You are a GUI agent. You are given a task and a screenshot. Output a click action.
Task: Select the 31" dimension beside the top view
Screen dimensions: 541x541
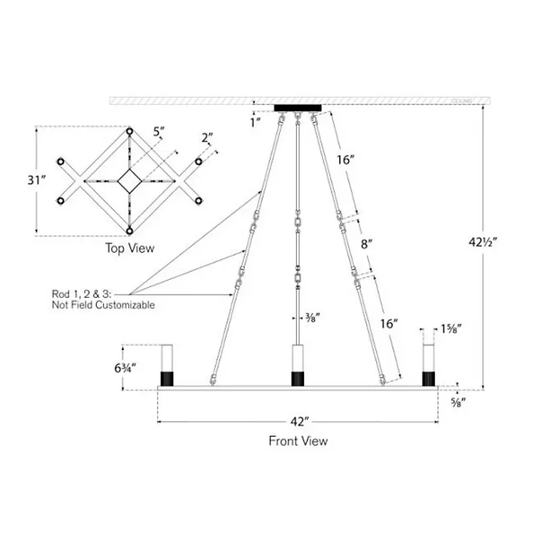(x=36, y=180)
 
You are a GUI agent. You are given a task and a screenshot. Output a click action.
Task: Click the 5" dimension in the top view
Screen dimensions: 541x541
(x=157, y=132)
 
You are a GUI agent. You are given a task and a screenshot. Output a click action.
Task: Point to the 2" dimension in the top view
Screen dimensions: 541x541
(x=208, y=138)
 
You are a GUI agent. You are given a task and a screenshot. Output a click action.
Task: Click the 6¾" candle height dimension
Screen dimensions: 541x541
(x=126, y=368)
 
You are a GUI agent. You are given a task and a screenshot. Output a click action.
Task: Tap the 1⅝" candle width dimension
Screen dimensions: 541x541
(x=450, y=329)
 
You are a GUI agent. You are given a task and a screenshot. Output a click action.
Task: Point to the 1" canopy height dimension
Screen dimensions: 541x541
(x=256, y=122)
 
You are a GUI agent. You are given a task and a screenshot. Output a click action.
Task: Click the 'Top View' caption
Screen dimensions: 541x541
(x=129, y=248)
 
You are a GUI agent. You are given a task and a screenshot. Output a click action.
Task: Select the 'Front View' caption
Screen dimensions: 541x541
(x=298, y=441)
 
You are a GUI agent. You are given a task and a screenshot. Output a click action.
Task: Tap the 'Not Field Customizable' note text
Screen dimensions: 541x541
(x=103, y=305)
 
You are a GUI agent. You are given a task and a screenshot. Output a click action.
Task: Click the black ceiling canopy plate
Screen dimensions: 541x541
(x=297, y=108)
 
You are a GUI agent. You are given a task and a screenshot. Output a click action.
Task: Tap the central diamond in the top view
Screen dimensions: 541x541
(x=129, y=181)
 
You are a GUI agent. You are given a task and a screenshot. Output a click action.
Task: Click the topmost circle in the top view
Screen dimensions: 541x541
(x=129, y=130)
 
